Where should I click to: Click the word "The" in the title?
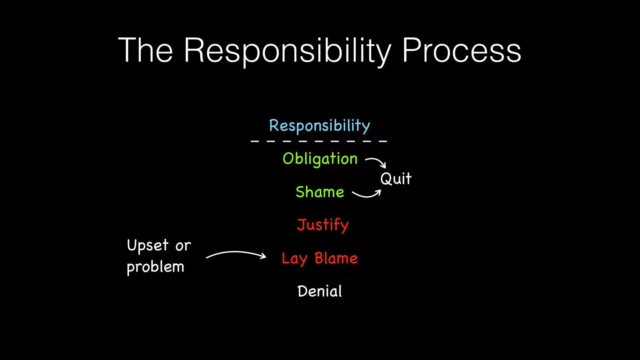pos(145,50)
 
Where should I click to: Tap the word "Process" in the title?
pos(461,50)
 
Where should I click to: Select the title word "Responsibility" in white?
pos(287,51)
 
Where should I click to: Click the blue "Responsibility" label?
pos(319,126)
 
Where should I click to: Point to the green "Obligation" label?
pos(320,159)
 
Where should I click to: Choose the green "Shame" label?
pos(320,192)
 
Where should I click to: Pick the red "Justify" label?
pos(322,225)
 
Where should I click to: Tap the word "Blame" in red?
pos(336,258)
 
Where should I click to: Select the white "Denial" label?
pos(319,292)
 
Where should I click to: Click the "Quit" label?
pos(396,179)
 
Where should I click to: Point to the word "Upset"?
pos(148,245)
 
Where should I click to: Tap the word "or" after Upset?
pos(183,246)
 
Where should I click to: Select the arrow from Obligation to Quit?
pos(376,162)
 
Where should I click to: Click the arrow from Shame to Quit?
pos(367,194)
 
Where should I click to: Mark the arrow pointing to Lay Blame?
pos(236,254)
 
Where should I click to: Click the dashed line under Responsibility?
pos(319,141)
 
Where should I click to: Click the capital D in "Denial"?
pos(302,291)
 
